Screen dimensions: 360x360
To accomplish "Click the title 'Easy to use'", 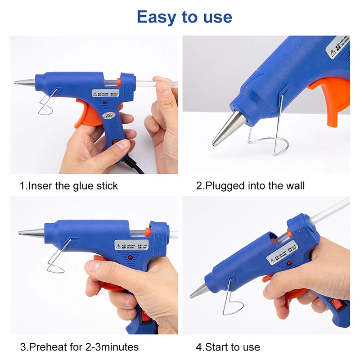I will point(184,17).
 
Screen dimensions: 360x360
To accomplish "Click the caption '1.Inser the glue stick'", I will point(68,186).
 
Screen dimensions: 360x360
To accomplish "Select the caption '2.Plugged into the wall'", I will point(250,186).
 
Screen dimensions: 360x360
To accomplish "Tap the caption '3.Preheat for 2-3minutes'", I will point(79,347).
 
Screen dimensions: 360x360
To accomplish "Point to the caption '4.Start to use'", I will point(228,347).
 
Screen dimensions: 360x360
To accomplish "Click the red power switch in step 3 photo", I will point(144,318).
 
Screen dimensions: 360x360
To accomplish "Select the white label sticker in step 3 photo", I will point(133,245).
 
